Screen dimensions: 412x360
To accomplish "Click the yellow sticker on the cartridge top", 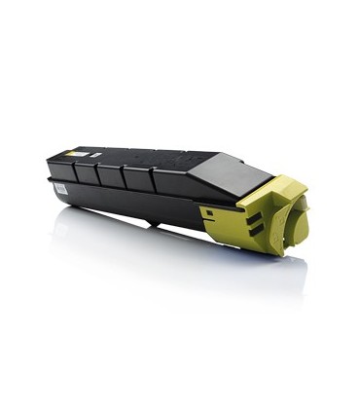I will [x=75, y=152].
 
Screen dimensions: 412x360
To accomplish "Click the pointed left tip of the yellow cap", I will [x=202, y=209].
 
